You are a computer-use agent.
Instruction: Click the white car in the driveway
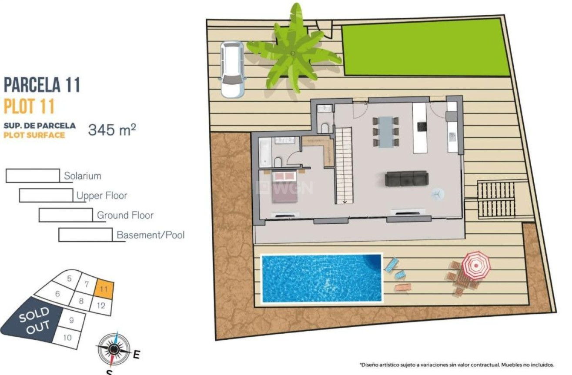click(232, 69)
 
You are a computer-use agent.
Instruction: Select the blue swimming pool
click(321, 278)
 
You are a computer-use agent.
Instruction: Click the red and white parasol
click(475, 264)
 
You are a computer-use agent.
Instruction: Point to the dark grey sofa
click(407, 178)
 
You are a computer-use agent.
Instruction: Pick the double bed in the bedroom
click(284, 187)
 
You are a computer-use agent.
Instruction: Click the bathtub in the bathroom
click(264, 152)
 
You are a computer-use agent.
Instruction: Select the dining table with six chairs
click(385, 132)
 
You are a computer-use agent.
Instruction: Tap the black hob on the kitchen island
click(421, 126)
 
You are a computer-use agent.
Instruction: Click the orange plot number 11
click(104, 289)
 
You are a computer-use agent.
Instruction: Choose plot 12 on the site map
click(101, 305)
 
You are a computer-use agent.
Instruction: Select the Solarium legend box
click(33, 176)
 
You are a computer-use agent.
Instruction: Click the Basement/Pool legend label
click(151, 235)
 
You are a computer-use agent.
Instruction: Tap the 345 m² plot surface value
click(112, 129)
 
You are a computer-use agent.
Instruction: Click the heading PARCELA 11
click(42, 85)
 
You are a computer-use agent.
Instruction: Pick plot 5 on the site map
click(70, 278)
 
